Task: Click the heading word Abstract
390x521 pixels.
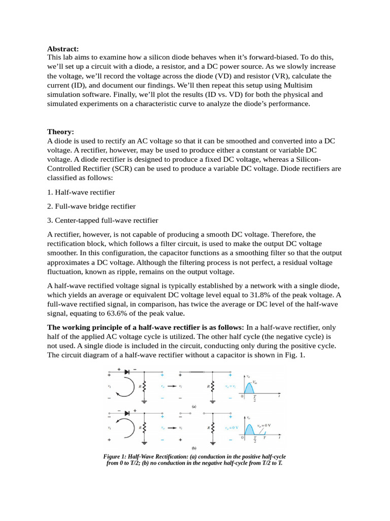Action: click(x=63, y=49)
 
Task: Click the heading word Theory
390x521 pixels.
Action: click(x=60, y=131)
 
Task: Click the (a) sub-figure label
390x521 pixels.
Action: click(x=194, y=407)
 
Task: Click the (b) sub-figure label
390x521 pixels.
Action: click(x=194, y=448)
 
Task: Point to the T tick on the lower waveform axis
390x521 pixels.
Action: click(x=263, y=438)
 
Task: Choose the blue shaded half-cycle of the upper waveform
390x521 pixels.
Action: click(x=248, y=389)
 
